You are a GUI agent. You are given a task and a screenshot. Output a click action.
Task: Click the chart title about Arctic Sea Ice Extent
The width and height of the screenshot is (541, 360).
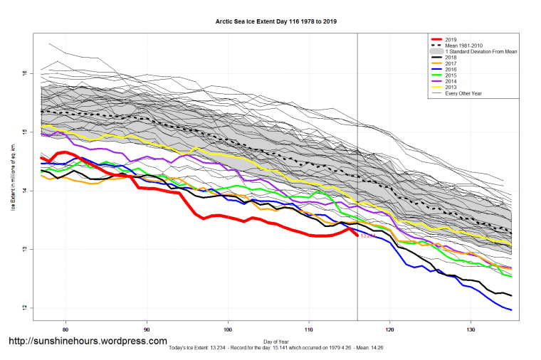pos(276,21)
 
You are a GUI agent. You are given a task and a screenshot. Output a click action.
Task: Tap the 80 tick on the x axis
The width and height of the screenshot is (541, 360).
pos(65,329)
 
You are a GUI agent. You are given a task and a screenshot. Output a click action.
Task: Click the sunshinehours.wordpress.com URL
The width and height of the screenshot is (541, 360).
pos(88,342)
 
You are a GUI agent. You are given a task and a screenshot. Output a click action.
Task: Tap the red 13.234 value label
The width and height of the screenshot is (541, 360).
pos(368,236)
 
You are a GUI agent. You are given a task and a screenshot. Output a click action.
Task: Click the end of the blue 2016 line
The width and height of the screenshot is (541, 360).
pos(511,309)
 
